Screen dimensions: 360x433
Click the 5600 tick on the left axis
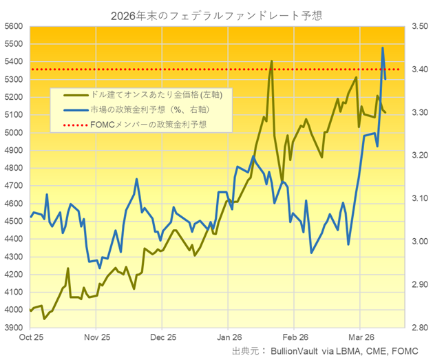click(13, 26)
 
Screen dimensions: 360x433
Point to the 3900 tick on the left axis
click(13, 328)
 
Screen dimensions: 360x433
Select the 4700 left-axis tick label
click(13, 186)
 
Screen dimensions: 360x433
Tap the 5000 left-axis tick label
click(13, 133)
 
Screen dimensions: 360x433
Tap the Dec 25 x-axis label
click(163, 338)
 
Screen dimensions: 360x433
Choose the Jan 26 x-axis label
click(229, 338)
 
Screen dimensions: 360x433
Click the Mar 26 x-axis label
click(360, 338)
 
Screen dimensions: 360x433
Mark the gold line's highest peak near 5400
click(271, 61)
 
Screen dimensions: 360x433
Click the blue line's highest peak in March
click(383, 47)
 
